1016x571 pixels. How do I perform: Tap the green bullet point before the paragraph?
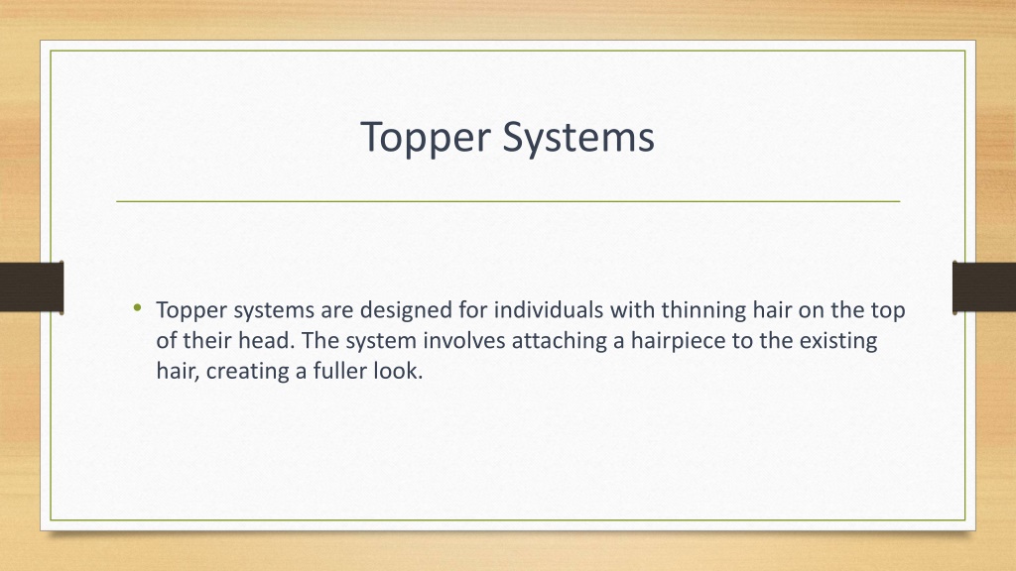(136, 308)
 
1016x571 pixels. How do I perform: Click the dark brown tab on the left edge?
(32, 286)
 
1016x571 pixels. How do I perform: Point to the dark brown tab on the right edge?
(983, 286)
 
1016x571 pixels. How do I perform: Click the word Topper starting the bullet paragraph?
(188, 310)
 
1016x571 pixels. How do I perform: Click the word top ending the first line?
(889, 310)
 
